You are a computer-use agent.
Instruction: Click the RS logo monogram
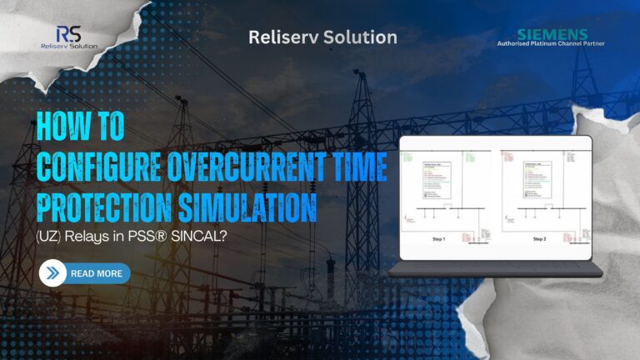click(68, 34)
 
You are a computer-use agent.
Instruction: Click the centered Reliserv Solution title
click(323, 37)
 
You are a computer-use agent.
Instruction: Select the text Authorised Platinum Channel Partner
click(551, 43)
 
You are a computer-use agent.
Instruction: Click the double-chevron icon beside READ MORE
click(53, 273)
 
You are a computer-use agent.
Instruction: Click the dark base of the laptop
click(496, 271)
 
